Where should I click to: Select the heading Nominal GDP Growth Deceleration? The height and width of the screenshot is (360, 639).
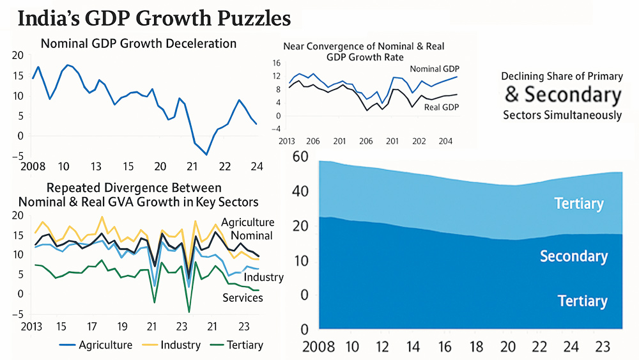click(x=139, y=43)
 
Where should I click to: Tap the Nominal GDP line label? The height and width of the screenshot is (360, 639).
click(x=435, y=69)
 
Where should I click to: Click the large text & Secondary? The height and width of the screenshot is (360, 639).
click(x=562, y=95)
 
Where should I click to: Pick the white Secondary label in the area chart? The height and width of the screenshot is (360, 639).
click(x=573, y=256)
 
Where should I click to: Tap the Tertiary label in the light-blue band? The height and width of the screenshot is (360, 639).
click(x=578, y=204)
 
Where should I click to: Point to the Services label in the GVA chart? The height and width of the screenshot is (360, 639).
click(x=242, y=297)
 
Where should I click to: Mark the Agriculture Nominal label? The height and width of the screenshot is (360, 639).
click(x=247, y=229)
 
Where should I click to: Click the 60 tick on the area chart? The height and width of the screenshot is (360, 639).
click(x=300, y=157)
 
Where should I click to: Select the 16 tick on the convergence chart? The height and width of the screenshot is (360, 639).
click(x=277, y=63)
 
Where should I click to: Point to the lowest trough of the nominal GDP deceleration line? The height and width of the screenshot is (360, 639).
click(x=206, y=154)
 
